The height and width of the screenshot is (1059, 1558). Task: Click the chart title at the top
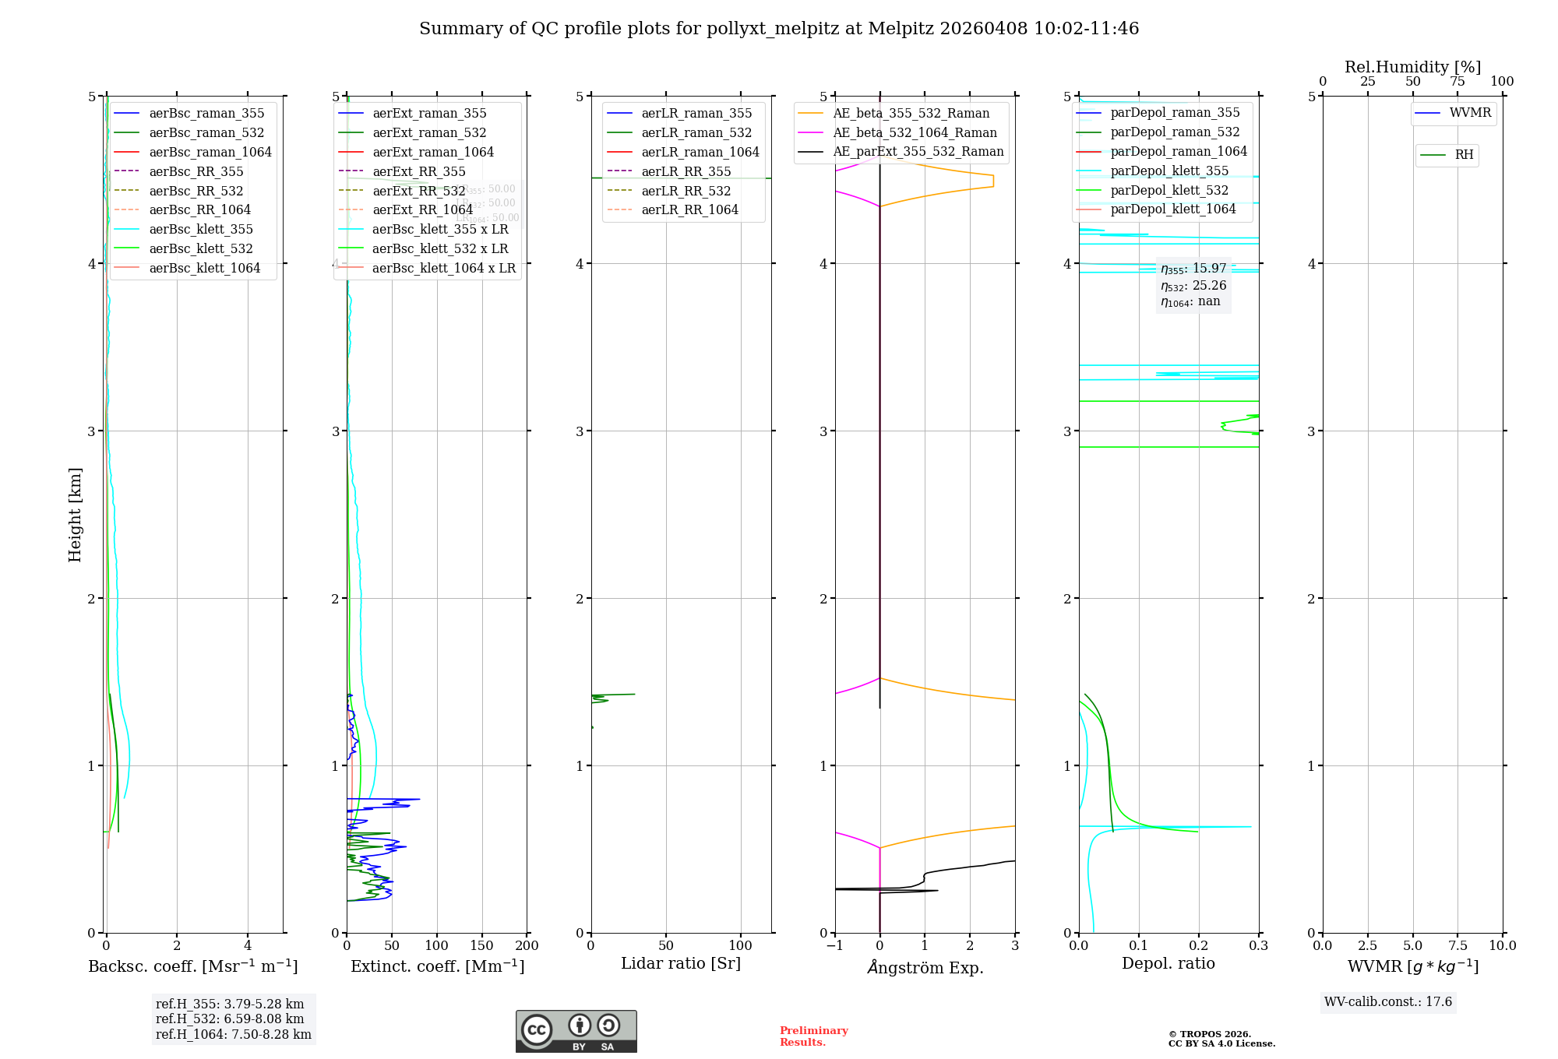[779, 29]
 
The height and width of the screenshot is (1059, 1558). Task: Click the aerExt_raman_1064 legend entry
[432, 153]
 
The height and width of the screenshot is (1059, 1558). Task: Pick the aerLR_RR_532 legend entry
[686, 191]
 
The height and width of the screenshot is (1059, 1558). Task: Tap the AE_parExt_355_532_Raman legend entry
[918, 152]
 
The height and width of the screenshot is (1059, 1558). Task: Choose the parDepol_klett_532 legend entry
[1168, 190]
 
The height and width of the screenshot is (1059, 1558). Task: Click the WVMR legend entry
[1469, 113]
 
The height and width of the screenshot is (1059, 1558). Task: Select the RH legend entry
[1464, 155]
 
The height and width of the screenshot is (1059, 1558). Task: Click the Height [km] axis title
[75, 515]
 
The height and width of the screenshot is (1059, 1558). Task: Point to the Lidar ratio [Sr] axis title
[680, 963]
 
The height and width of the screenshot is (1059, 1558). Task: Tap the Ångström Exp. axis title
[925, 967]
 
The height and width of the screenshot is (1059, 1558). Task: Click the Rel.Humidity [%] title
[1412, 67]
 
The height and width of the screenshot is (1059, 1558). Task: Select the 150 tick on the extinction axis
[482, 945]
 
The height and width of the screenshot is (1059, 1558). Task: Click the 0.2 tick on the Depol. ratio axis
[1198, 945]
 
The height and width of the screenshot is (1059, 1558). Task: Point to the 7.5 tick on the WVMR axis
[1458, 945]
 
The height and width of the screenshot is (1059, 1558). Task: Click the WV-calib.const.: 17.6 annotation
[1388, 1002]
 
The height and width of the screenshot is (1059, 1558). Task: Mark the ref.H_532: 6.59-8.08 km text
[230, 1019]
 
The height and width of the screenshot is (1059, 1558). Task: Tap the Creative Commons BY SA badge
[576, 1031]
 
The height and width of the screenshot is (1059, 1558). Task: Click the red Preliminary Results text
[813, 1036]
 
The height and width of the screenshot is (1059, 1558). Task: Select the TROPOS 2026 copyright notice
[1221, 1039]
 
